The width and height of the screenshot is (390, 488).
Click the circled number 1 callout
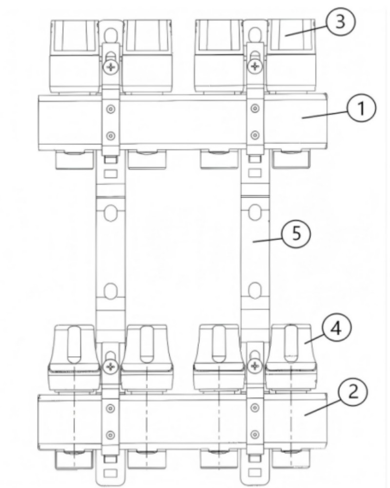(361, 109)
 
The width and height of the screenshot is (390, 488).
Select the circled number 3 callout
(340, 22)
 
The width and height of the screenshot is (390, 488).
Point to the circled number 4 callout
(336, 329)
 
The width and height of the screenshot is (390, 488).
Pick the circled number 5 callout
(296, 233)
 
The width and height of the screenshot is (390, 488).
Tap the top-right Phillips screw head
(254, 66)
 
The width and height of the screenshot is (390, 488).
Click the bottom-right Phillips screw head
(254, 366)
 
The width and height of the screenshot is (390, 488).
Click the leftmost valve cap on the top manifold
(75, 56)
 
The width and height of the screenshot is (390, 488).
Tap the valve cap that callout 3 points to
(291, 56)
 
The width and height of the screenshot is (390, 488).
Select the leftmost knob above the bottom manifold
(75, 357)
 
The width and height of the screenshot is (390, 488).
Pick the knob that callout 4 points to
(291, 357)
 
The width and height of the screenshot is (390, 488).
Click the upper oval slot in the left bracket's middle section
(110, 213)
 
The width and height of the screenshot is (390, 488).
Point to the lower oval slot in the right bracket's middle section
(255, 290)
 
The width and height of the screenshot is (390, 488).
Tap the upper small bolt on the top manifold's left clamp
(111, 109)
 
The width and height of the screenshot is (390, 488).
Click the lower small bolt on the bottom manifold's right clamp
(254, 434)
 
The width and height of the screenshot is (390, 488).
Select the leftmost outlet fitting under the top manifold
(75, 159)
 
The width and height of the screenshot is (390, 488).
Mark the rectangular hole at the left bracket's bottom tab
(110, 473)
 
